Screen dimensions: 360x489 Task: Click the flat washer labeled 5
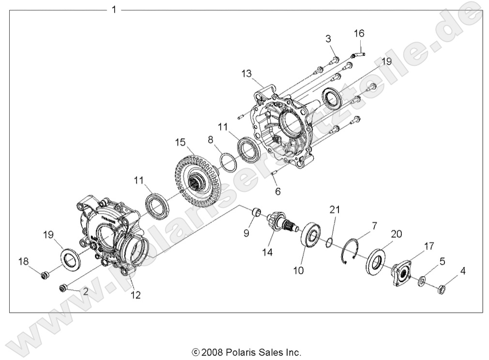[x=423, y=282]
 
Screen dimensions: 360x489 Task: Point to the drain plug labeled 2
[x=63, y=289]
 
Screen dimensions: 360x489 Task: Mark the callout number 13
[x=246, y=73]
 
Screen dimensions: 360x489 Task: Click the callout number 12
[x=136, y=295]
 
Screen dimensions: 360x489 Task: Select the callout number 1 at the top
[x=114, y=10]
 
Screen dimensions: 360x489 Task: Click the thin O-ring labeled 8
[x=228, y=159]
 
